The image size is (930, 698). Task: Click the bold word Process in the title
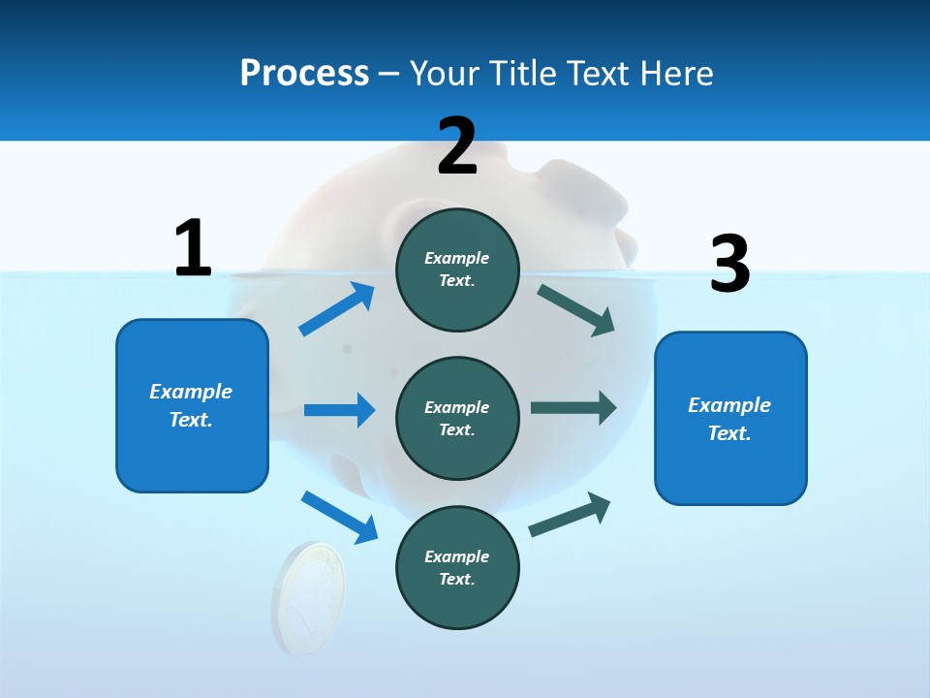(304, 73)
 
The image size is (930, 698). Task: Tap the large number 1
(193, 248)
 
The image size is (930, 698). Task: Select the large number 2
(457, 145)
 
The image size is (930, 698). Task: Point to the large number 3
(729, 264)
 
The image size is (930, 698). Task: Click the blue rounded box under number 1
(192, 456)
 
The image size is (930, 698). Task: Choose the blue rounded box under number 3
(730, 465)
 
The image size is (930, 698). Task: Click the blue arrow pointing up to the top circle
(337, 309)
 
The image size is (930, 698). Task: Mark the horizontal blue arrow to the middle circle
(339, 410)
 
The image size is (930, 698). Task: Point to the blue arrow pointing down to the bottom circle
(339, 516)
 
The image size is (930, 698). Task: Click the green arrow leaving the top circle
(575, 309)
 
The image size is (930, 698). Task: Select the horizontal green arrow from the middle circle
(573, 408)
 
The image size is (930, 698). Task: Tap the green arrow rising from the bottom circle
(570, 515)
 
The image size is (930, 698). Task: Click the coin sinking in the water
(308, 596)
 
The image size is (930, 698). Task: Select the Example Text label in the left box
(191, 405)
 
